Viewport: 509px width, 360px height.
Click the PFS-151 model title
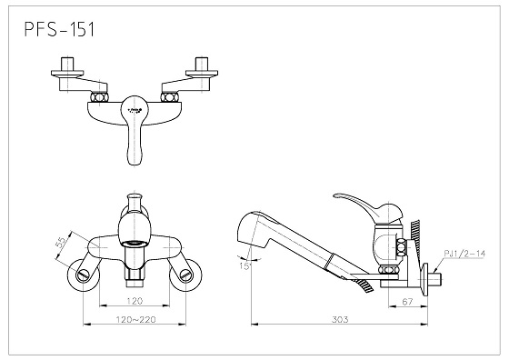coord(59,29)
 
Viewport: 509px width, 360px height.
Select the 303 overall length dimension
coord(340,319)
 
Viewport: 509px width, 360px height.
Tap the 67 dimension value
coord(407,302)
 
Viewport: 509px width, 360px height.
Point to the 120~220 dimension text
coord(136,319)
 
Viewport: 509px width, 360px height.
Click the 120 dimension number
coord(135,301)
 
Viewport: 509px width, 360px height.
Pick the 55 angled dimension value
coord(62,243)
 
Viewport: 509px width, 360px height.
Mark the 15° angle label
coord(245,266)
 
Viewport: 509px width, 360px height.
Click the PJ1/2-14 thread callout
coord(464,254)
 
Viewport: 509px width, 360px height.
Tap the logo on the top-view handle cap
coord(135,111)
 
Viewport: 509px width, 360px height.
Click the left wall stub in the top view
coord(68,64)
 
